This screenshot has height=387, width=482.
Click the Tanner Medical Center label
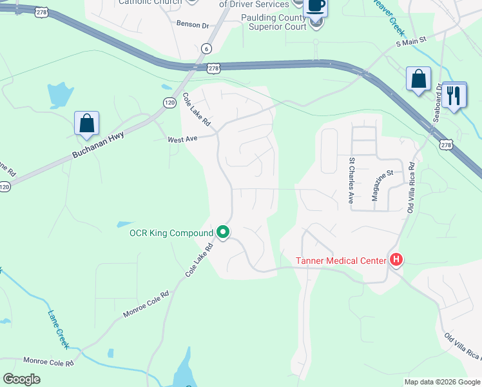(x=341, y=261)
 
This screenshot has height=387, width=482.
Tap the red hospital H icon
(x=396, y=260)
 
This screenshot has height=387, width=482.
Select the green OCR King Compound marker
(x=223, y=231)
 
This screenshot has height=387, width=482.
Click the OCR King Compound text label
(x=171, y=233)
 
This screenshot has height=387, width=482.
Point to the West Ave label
(x=182, y=139)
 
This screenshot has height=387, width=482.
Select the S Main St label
(x=411, y=41)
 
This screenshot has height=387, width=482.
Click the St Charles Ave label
(x=352, y=180)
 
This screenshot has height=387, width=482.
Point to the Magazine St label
(x=381, y=186)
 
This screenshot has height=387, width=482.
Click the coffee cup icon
(x=315, y=6)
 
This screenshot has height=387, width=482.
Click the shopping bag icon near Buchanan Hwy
(x=87, y=123)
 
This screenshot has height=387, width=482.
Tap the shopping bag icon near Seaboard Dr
(x=418, y=79)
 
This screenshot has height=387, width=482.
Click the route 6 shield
(x=206, y=48)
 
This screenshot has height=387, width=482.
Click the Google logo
(x=21, y=379)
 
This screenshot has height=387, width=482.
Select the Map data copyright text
(x=441, y=382)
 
